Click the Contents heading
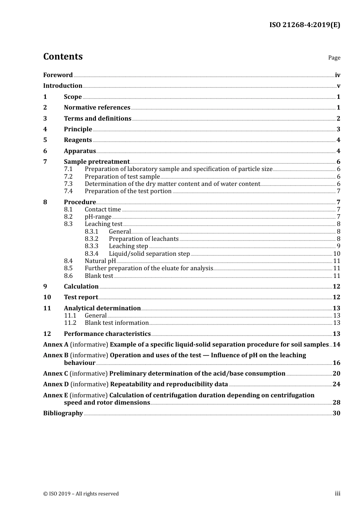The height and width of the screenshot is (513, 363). tap(63, 56)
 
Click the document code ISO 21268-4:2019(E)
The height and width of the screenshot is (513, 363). tap(305, 25)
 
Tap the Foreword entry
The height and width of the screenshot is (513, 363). tap(58, 75)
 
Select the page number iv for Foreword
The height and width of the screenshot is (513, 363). tap(337, 75)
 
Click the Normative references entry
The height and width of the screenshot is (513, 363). tap(97, 107)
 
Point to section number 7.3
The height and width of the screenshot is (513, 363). tap(68, 184)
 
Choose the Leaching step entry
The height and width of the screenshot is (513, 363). tap(128, 246)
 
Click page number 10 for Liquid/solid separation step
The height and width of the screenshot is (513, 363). tap(337, 253)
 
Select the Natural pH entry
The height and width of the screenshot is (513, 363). tap(100, 261)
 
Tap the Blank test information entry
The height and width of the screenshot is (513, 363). tap(116, 323)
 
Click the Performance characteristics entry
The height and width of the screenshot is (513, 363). tap(107, 334)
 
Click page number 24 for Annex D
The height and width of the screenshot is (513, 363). tap(336, 384)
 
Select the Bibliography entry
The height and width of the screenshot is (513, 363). tap(63, 413)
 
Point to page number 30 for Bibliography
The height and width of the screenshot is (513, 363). tap(336, 413)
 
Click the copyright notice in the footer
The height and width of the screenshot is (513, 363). tap(81, 494)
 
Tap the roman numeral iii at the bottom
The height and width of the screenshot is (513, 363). tap(337, 493)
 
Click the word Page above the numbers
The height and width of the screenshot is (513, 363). tap(334, 58)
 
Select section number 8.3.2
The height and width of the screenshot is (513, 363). tap(91, 239)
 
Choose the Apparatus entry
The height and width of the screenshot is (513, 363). tap(79, 151)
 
